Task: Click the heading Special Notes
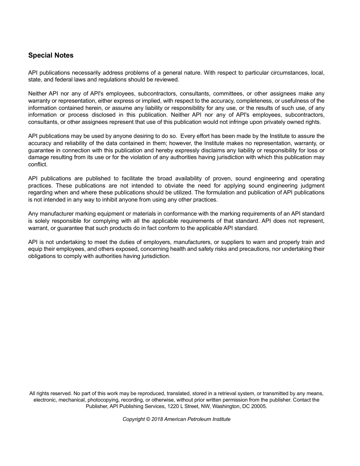51,55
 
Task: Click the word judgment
312,186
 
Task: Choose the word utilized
180,192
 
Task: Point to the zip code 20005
259,406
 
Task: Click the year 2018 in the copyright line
157,419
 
